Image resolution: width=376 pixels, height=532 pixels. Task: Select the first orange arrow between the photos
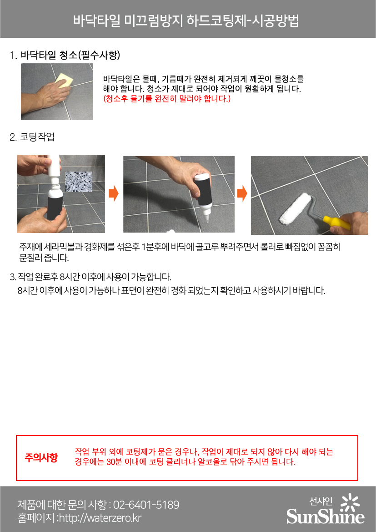pyautogui.click(x=114, y=193)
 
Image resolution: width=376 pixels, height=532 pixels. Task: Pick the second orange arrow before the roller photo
pyautogui.click(x=242, y=193)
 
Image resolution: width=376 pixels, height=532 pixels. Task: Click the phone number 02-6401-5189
pyautogui.click(x=146, y=505)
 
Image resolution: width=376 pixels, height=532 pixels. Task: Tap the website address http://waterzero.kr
pyautogui.click(x=100, y=518)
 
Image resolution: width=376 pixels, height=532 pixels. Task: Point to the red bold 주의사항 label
pyautogui.click(x=41, y=457)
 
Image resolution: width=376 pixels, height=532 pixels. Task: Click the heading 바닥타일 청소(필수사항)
pyautogui.click(x=70, y=55)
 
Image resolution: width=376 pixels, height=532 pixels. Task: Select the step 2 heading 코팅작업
pyautogui.click(x=37, y=137)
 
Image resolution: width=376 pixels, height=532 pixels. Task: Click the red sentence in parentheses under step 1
pyautogui.click(x=167, y=99)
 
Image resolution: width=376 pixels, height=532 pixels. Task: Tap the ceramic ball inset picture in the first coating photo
pyautogui.click(x=78, y=182)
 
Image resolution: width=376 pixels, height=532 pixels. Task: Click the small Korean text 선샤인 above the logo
pyautogui.click(x=321, y=501)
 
